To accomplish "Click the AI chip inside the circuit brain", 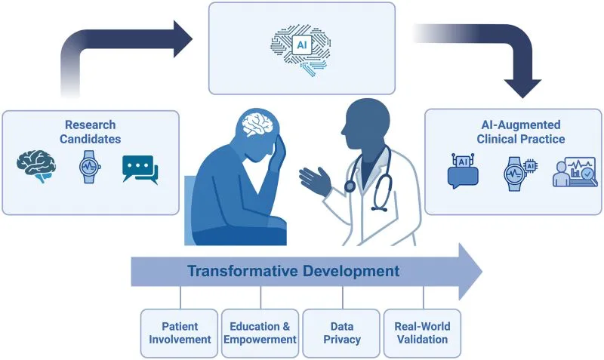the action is (302, 45).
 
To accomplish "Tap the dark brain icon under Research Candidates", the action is (36, 166).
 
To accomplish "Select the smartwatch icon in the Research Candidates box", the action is (90, 167).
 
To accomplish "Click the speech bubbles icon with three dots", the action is (140, 169).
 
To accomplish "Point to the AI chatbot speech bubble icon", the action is (463, 171).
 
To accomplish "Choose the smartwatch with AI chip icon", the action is (519, 174).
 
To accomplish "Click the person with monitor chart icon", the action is (575, 173).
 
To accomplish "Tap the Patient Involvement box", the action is (180, 333).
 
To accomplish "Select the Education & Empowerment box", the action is (260, 333).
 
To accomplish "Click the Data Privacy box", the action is (341, 333).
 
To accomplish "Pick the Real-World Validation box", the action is (422, 333).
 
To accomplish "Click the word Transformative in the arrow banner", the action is (242, 271).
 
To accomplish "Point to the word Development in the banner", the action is (351, 272).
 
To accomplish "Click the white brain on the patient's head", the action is (258, 123).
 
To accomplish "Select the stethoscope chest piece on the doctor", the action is (350, 186).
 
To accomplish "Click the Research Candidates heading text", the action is (90, 131).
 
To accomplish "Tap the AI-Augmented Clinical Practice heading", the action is (521, 131).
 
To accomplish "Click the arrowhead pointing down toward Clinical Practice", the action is (522, 88).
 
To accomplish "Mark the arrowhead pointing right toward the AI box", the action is (182, 39).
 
